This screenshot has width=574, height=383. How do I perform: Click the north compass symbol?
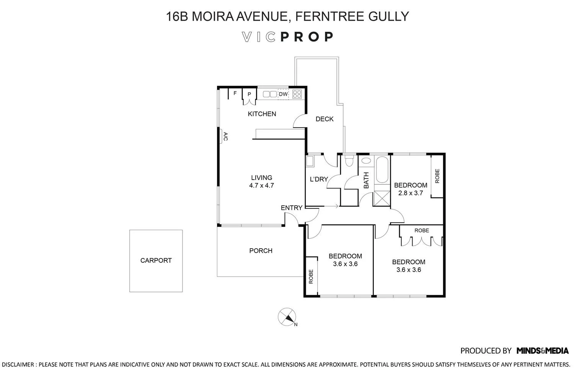pyautogui.click(x=287, y=317)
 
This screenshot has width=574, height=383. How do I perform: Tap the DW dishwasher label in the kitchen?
pyautogui.click(x=283, y=94)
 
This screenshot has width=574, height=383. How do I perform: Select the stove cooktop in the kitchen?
pyautogui.click(x=297, y=94)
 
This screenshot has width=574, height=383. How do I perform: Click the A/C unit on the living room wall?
pyautogui.click(x=222, y=136)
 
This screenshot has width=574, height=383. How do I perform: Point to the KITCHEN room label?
pyautogui.click(x=262, y=114)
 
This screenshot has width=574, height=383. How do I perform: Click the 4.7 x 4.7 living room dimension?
pyautogui.click(x=261, y=185)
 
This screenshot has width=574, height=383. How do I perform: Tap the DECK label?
pyautogui.click(x=325, y=119)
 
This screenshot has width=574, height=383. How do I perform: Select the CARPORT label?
pyautogui.click(x=156, y=260)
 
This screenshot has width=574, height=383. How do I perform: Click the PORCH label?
pyautogui.click(x=261, y=251)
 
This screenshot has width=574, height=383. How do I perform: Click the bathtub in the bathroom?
pyautogui.click(x=382, y=169)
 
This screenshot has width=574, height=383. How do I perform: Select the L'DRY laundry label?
pyautogui.click(x=318, y=179)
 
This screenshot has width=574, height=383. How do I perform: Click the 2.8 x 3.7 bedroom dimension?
pyautogui.click(x=411, y=193)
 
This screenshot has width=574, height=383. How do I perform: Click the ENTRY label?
pyautogui.click(x=292, y=208)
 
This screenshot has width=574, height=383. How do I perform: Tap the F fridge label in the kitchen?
pyautogui.click(x=235, y=93)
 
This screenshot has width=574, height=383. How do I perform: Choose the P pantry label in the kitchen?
pyautogui.click(x=249, y=94)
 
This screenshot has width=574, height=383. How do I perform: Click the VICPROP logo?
pyautogui.click(x=287, y=37)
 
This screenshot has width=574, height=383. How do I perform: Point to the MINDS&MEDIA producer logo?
pyautogui.click(x=543, y=350)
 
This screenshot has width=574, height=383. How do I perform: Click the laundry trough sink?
pyautogui.click(x=310, y=161)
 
